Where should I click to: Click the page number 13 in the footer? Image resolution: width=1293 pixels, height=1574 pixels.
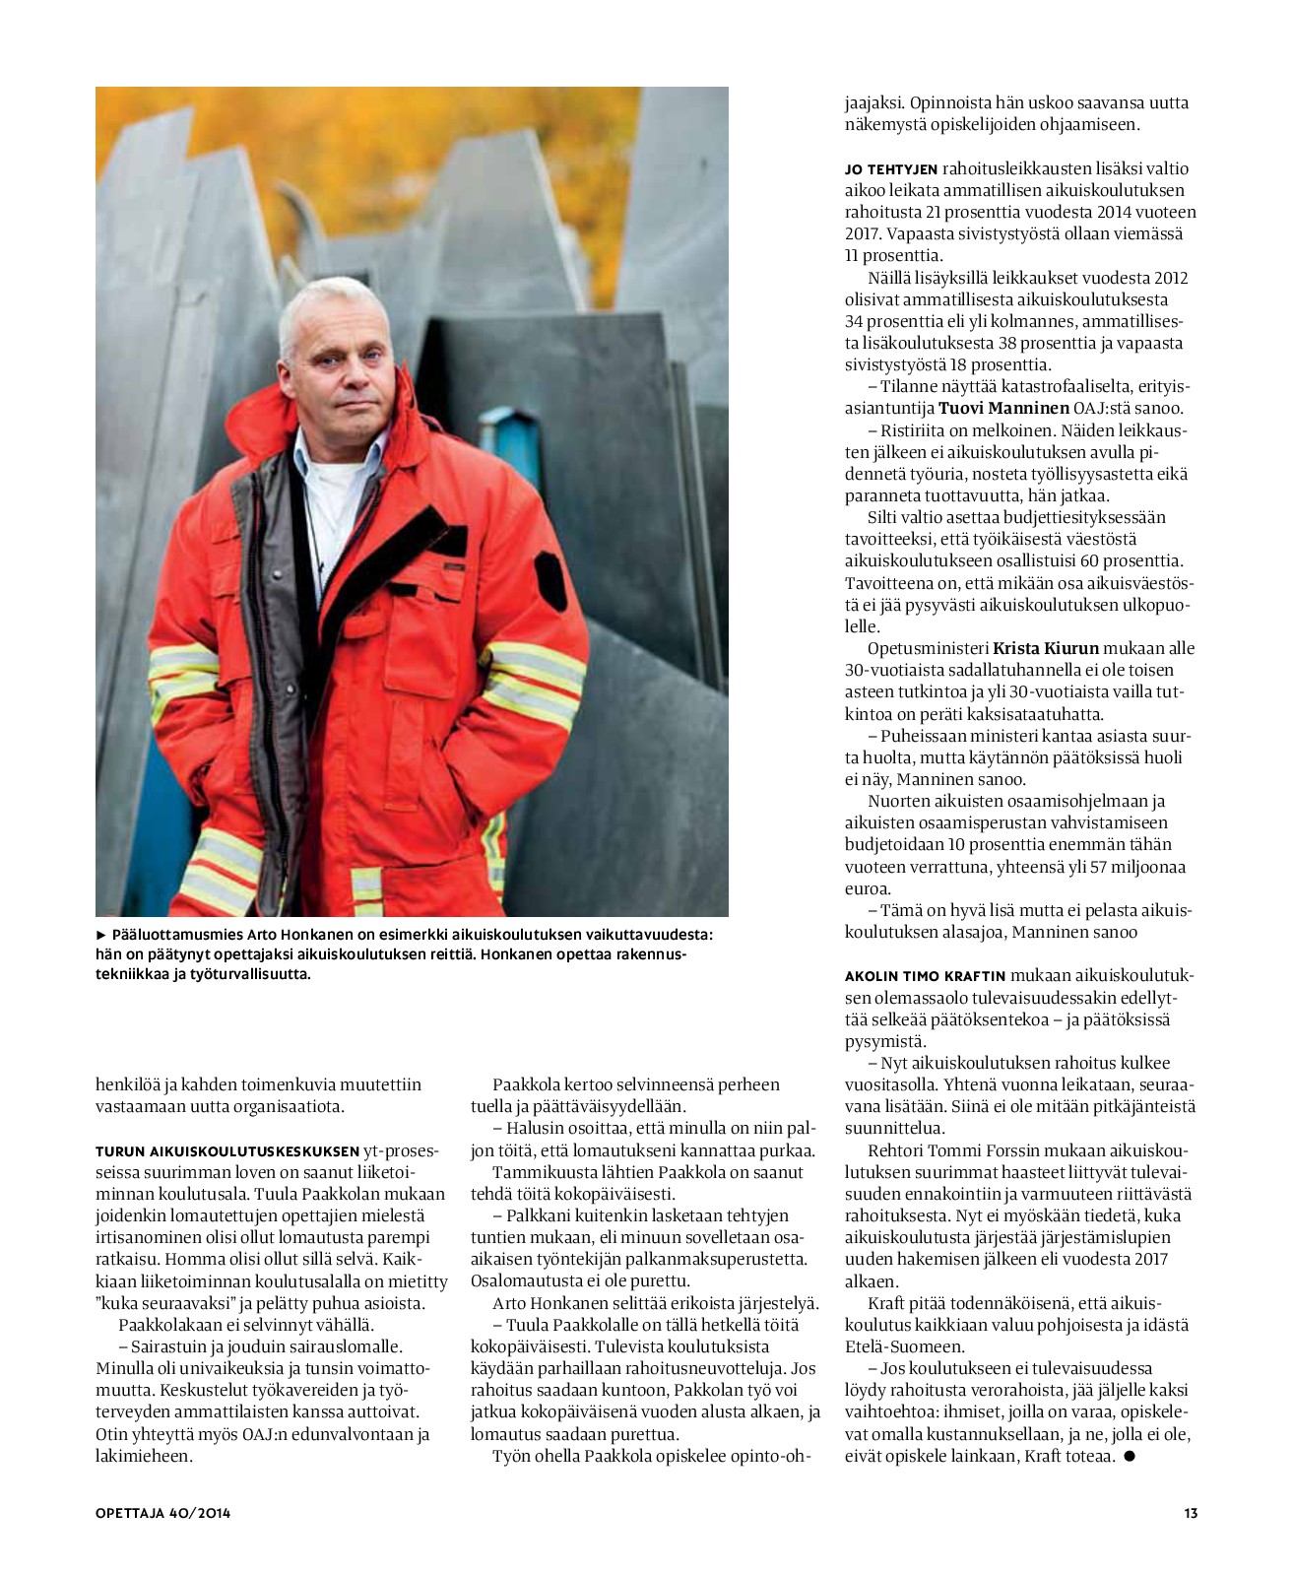[x=1191, y=1513]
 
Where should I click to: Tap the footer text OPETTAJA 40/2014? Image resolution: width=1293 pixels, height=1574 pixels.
[x=163, y=1513]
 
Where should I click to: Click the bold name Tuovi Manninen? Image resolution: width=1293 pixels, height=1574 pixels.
[x=1003, y=408]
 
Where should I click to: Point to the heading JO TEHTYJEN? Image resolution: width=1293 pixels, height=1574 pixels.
[x=891, y=169]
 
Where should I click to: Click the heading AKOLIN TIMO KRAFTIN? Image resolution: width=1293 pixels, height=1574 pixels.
[x=925, y=976]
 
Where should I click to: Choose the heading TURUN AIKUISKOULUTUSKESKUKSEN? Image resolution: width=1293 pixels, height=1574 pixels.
[x=227, y=1150]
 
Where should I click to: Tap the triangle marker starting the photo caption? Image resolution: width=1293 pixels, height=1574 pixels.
[x=100, y=933]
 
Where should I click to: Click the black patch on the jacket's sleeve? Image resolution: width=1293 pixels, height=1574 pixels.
[x=548, y=575]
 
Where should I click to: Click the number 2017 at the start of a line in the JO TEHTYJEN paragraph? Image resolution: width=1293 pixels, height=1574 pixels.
[x=863, y=234]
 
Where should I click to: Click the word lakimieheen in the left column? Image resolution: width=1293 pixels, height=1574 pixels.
[x=143, y=1455]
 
